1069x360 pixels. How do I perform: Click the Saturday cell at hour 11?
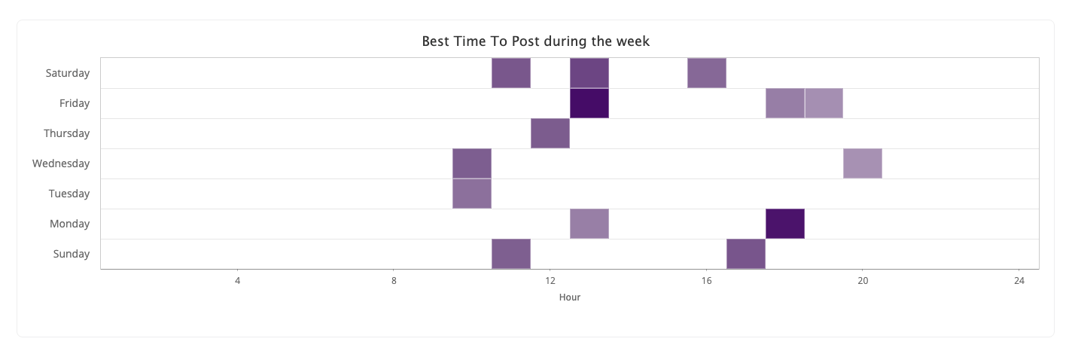511,73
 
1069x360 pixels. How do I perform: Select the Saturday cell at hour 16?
707,73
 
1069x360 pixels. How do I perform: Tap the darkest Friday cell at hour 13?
589,103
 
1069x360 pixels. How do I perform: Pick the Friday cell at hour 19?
824,103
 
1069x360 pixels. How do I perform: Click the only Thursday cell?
550,133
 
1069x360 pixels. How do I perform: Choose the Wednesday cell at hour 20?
863,163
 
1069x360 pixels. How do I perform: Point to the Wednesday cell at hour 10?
472,163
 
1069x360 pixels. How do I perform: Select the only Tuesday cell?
472,194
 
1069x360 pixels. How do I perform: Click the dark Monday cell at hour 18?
785,224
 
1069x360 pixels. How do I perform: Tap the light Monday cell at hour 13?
589,224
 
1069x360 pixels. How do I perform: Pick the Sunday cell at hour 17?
746,254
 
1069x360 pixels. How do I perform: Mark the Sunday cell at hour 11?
511,254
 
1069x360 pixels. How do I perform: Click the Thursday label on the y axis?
67,133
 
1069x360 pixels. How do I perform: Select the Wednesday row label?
61,163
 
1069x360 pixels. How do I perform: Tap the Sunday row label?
72,254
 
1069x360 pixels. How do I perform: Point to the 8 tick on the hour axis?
394,281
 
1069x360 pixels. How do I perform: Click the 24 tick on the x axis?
1019,281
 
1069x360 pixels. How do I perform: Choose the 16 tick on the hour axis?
707,281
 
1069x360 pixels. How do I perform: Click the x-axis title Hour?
570,297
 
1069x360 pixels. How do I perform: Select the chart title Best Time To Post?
535,41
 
